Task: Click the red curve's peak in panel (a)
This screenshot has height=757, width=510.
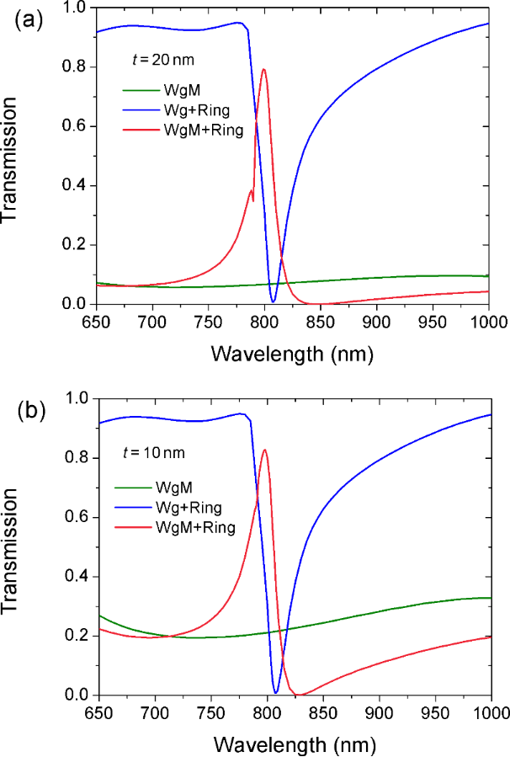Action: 264,69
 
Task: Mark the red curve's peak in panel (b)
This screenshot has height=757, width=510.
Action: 266,450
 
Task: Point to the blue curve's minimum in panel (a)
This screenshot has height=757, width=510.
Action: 274,301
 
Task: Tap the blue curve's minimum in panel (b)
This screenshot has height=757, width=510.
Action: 275,693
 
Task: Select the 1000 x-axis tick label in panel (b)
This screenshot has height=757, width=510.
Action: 489,712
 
